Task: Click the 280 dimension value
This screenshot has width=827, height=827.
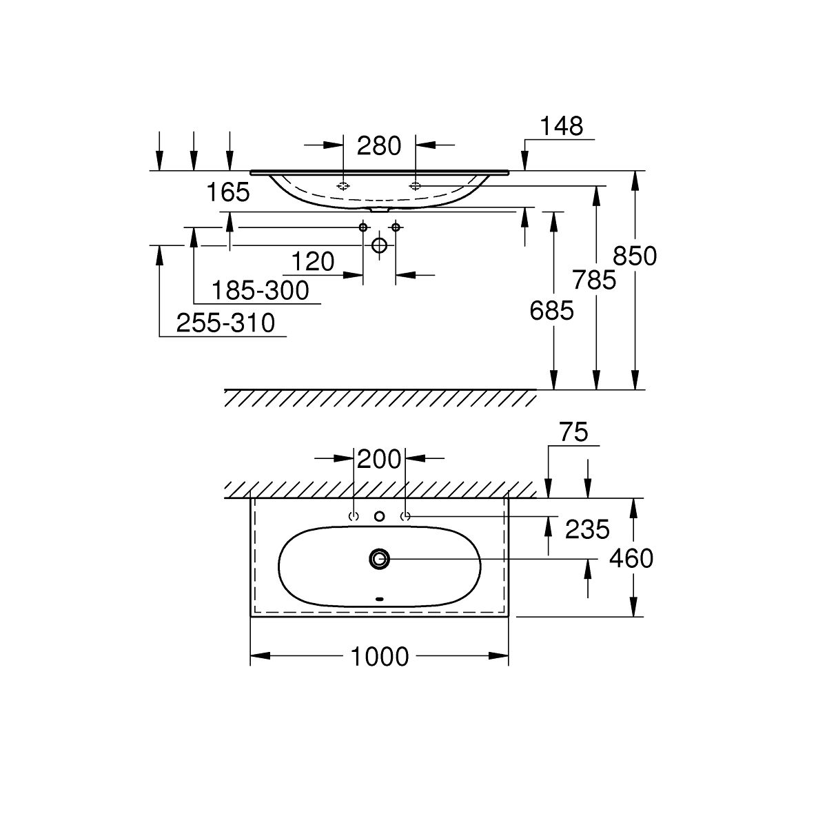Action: coord(379,146)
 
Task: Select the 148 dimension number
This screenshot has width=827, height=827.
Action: coord(561,126)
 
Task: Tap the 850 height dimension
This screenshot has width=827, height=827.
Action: coord(635,256)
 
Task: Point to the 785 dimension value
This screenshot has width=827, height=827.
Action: coord(595,280)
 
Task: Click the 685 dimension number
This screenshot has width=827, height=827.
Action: coord(551,312)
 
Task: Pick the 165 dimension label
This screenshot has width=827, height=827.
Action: coord(228,192)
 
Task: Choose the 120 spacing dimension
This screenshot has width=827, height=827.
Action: coord(312,262)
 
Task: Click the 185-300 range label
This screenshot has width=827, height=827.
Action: coord(260,291)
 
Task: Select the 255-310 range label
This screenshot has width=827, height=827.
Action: coord(225,323)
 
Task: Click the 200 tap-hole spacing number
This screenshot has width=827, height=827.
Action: coord(380,458)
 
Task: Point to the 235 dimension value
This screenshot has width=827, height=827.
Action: coord(587,529)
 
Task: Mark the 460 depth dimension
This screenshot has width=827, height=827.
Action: coord(631,558)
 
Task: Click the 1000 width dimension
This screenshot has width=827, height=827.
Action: coord(380,657)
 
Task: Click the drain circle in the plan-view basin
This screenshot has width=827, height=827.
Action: coord(379,559)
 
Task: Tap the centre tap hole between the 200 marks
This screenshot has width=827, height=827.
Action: coord(379,516)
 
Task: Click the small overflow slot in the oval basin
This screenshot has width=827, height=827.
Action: coord(379,598)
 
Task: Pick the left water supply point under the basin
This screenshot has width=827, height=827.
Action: coord(363,227)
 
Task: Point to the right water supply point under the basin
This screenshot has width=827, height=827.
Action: coord(396,227)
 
